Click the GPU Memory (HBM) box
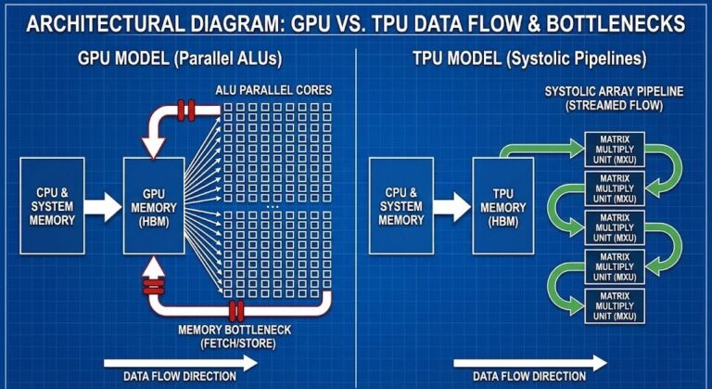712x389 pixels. click(x=155, y=206)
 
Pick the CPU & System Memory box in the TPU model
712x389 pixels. click(x=400, y=206)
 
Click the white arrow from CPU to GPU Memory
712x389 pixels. click(x=104, y=206)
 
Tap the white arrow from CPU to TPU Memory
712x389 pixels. click(x=452, y=206)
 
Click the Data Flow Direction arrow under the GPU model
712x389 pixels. click(x=181, y=363)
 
